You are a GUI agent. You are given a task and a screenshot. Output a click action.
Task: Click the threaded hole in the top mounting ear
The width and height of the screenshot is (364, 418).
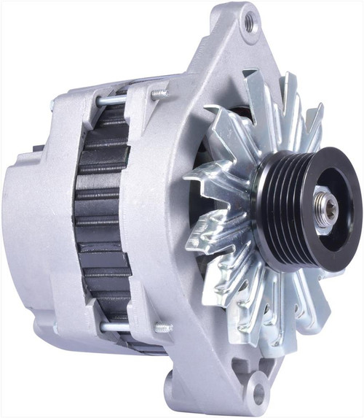click(x=250, y=22)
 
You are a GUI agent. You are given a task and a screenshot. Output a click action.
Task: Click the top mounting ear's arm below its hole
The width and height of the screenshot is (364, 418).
click(x=233, y=58)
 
